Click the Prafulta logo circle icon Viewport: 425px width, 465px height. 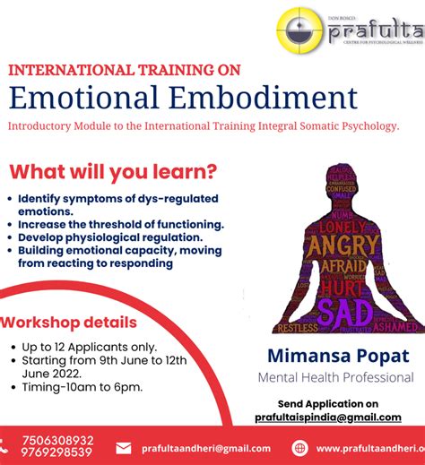pyautogui.click(x=301, y=33)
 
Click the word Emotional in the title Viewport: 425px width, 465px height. pyautogui.click(x=89, y=97)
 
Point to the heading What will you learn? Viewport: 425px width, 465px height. pyautogui.click(x=113, y=171)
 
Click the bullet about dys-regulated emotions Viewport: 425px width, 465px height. pyautogui.click(x=117, y=204)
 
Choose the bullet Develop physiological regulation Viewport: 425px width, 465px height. pyautogui.click(x=110, y=237)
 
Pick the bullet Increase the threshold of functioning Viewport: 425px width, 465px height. pyautogui.click(x=120, y=224)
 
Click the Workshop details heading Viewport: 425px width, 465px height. pyautogui.click(x=70, y=323)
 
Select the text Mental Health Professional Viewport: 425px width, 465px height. pyautogui.click(x=335, y=377)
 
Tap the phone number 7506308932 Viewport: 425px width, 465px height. pyautogui.click(x=56, y=440)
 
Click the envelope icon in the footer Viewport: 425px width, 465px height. pyautogui.click(x=124, y=448)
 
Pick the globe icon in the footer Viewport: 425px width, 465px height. pyautogui.click(x=299, y=448)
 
